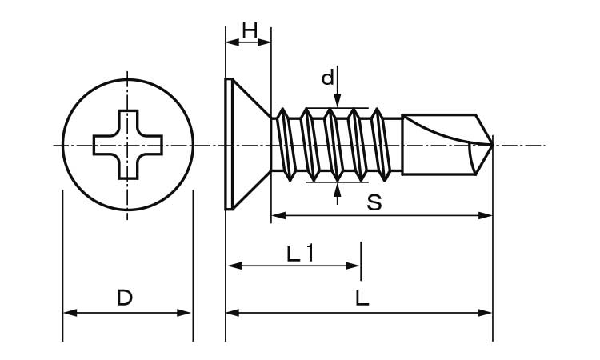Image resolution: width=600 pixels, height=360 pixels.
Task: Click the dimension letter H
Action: tap(249, 30)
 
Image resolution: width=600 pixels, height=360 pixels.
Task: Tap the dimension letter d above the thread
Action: tap(327, 78)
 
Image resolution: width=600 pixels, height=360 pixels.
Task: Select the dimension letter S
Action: tap(374, 202)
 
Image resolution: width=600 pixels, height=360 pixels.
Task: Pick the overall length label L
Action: tap(362, 298)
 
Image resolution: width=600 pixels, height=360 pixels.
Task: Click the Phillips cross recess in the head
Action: tap(128, 145)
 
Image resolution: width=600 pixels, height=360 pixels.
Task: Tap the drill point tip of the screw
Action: tap(490, 145)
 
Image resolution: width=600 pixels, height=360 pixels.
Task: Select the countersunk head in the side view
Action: tap(244, 145)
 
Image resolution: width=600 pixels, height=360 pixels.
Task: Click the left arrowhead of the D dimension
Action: tap(68, 313)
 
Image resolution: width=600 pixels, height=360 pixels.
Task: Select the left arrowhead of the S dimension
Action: tap(278, 215)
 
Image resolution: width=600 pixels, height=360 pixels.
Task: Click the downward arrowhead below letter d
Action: tap(338, 102)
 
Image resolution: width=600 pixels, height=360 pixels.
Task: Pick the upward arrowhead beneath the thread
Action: tap(338, 189)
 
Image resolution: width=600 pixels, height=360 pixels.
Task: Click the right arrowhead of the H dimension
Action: tap(266, 42)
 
